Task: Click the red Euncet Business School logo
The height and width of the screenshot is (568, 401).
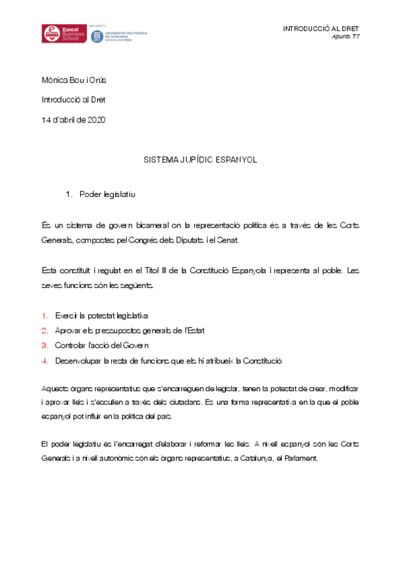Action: pyautogui.click(x=63, y=34)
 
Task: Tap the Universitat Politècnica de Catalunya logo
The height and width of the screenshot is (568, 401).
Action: pyautogui.click(x=119, y=35)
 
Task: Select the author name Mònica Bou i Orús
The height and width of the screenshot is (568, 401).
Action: pyautogui.click(x=74, y=80)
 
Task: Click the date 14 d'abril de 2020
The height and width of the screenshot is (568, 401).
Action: pyautogui.click(x=72, y=120)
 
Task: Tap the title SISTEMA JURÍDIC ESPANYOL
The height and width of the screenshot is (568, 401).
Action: pyautogui.click(x=200, y=161)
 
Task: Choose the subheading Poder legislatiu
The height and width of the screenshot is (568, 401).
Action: pyautogui.click(x=107, y=194)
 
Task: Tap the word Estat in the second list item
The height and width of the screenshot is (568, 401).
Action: pyautogui.click(x=212, y=330)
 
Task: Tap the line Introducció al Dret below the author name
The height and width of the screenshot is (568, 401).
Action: pyautogui.click(x=73, y=100)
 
